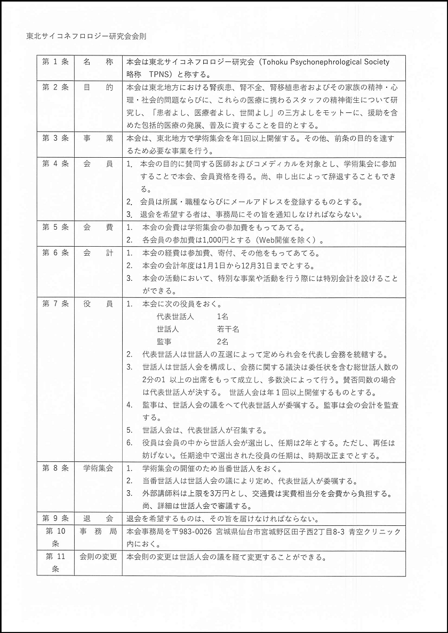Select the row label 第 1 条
point(55,62)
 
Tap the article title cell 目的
point(98,87)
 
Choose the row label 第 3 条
point(55,139)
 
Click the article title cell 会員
point(98,164)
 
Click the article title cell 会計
point(98,253)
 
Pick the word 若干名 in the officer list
point(228,329)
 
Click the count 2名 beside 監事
point(222,342)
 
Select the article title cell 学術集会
point(98,468)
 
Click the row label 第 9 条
point(55,518)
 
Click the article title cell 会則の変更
point(98,558)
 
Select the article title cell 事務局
point(98,532)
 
